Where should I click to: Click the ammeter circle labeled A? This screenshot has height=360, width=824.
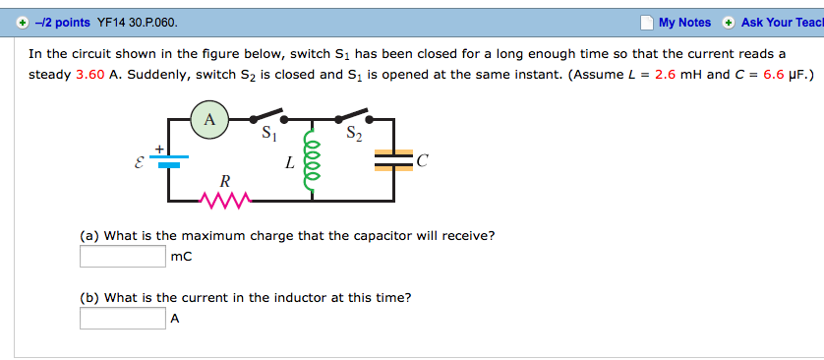[x=208, y=121]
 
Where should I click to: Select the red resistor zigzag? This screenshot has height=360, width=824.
[x=225, y=202]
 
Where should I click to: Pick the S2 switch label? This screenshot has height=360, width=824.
[x=354, y=137]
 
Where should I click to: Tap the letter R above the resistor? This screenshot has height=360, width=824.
[x=225, y=181]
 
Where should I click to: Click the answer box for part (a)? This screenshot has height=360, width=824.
[x=123, y=257]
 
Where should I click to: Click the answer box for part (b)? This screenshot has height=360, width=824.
[x=123, y=318]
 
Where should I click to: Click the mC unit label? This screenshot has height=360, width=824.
[x=181, y=257]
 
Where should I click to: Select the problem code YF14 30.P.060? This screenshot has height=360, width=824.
[x=138, y=22]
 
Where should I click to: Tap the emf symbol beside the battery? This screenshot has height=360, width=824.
[x=139, y=162]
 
